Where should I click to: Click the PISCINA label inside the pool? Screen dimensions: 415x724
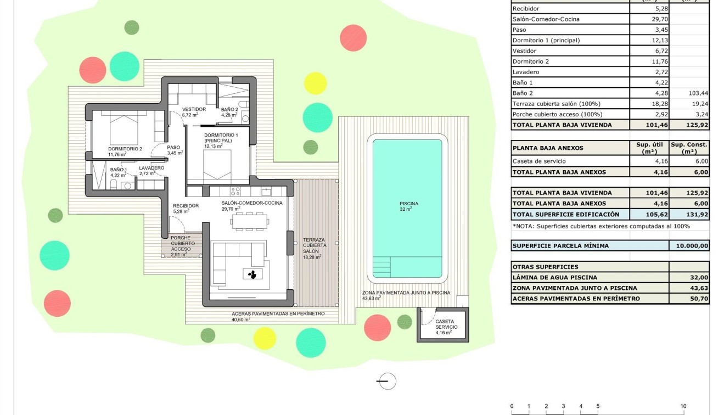click(408, 204)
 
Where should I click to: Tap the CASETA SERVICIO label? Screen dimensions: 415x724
click(444, 327)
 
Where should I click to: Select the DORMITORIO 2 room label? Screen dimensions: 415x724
click(125, 149)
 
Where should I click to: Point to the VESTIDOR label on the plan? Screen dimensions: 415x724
click(194, 110)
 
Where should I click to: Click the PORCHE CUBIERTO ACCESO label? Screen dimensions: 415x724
click(180, 244)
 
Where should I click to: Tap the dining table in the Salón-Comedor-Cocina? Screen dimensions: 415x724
click(251, 221)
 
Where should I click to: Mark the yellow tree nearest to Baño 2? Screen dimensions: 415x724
click(315, 83)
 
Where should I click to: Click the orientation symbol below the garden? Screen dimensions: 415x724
click(386, 381)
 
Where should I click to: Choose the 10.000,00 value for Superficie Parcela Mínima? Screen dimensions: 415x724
click(689, 246)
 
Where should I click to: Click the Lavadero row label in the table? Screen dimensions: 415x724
click(526, 72)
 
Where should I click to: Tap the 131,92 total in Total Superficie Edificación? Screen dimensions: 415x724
click(689, 215)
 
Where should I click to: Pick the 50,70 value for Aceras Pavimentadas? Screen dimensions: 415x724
click(689, 299)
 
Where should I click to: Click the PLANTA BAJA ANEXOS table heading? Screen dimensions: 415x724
click(548, 148)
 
